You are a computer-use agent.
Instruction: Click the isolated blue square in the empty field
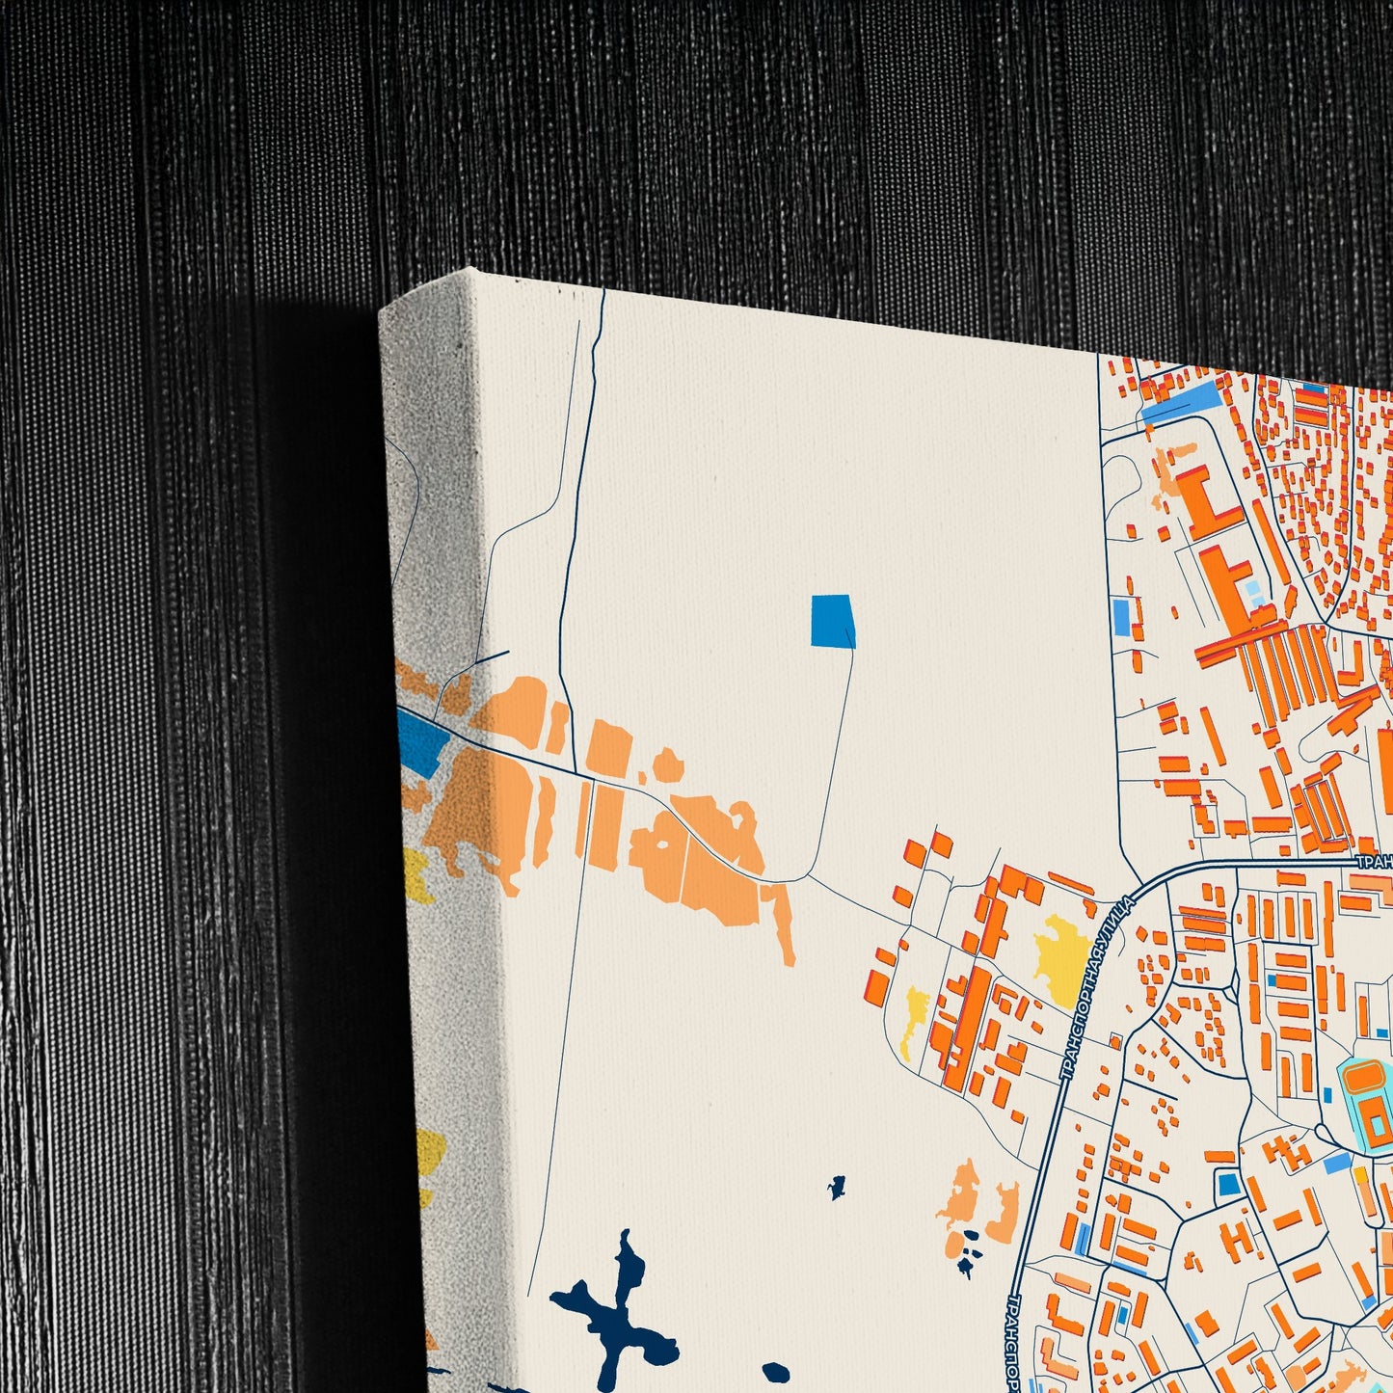pos(832,622)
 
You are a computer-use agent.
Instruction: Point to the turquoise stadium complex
pos(1370,1104)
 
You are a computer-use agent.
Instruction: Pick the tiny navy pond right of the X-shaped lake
pos(837,1188)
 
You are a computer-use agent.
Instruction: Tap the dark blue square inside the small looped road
pos(1227,1183)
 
